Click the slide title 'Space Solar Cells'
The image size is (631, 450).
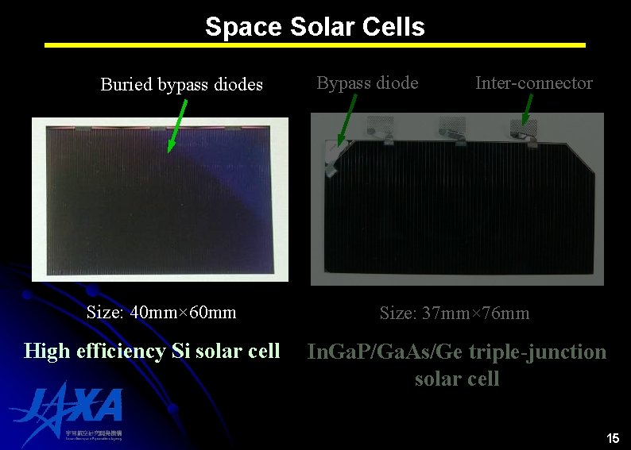click(x=315, y=27)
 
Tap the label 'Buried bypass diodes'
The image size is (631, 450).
click(x=181, y=84)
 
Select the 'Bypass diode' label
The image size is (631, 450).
click(x=367, y=83)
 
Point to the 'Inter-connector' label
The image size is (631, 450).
click(x=533, y=83)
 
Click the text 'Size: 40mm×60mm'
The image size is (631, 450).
click(x=161, y=312)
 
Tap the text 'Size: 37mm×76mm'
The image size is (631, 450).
click(x=455, y=313)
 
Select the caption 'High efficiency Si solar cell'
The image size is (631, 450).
click(x=152, y=350)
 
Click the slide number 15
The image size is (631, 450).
click(x=612, y=438)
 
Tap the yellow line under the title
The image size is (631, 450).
click(x=315, y=45)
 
